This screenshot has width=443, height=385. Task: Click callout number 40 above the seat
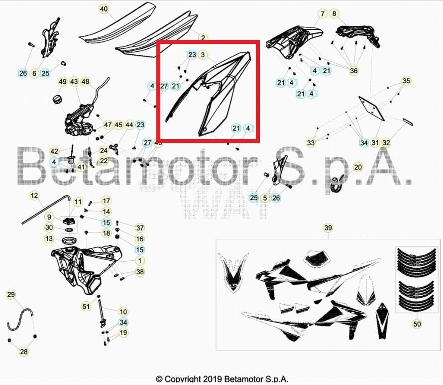(x=104, y=9)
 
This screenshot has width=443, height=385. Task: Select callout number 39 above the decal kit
(x=328, y=228)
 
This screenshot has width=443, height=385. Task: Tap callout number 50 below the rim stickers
(x=417, y=324)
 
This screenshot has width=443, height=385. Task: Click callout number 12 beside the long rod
(x=34, y=195)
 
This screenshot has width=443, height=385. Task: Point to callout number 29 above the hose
(x=11, y=295)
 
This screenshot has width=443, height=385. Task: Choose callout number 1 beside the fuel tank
(x=140, y=261)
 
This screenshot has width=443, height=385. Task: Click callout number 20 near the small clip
(x=358, y=167)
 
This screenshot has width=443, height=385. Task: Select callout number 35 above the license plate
(x=407, y=81)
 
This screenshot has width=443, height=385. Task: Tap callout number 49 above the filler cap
(x=62, y=81)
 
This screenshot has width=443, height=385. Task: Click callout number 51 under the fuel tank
(x=87, y=306)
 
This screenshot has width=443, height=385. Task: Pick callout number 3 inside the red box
(x=203, y=54)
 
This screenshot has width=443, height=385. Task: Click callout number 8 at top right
(x=333, y=13)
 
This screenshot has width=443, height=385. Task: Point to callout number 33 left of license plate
(x=311, y=143)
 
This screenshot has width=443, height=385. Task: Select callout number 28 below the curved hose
(x=24, y=352)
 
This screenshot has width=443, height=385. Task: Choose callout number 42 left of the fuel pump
(x=54, y=151)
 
